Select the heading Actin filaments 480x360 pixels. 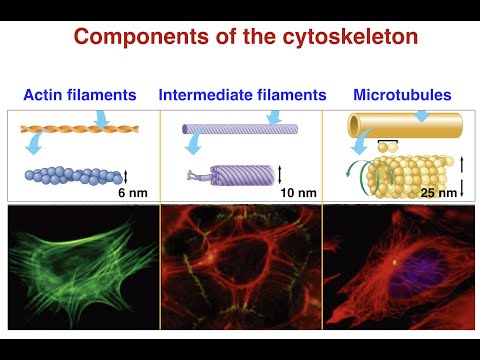[x=80, y=96]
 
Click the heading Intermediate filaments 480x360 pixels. [x=242, y=96]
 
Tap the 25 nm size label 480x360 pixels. [x=437, y=191]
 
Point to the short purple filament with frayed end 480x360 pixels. [x=230, y=174]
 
